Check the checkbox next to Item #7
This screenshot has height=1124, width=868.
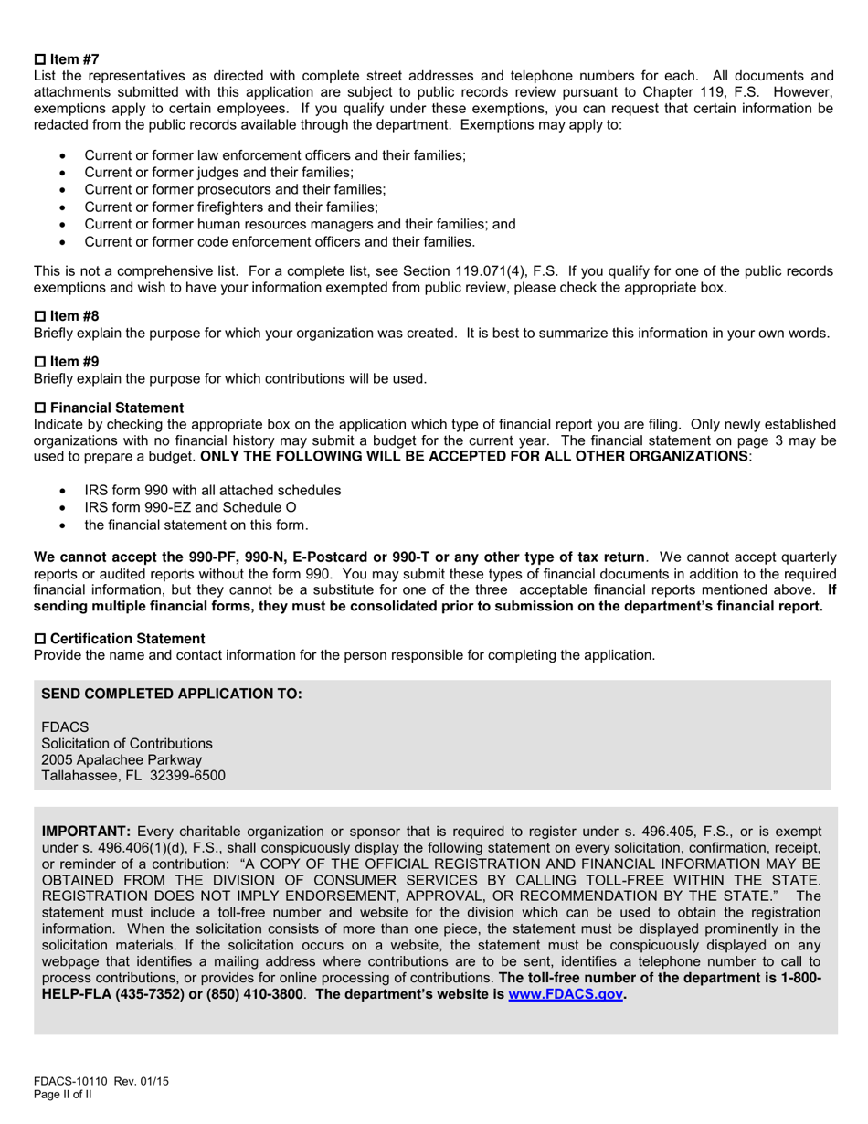(39, 59)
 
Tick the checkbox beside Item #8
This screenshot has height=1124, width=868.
(39, 316)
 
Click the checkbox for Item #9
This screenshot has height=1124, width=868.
(39, 362)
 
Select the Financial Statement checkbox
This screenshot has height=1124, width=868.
(39, 408)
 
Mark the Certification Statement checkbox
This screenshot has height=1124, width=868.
(39, 639)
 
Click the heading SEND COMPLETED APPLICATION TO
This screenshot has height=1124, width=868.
(172, 695)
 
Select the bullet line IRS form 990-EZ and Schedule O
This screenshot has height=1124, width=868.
(190, 507)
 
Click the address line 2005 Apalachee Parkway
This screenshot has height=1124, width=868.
(122, 759)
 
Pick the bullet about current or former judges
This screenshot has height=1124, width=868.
(218, 173)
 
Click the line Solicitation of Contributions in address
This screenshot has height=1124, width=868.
(127, 743)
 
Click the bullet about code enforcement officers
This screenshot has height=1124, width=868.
(280, 242)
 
